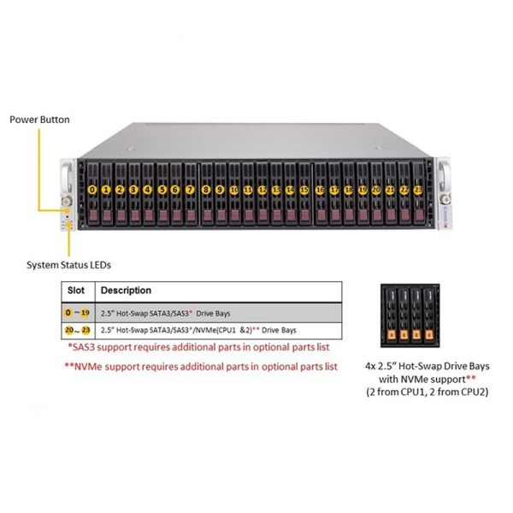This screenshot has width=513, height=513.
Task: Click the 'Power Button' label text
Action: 39,119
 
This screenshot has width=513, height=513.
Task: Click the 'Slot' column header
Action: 76,291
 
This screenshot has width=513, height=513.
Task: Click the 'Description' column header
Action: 126,291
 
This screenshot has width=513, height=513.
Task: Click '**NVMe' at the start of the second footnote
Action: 83,365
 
